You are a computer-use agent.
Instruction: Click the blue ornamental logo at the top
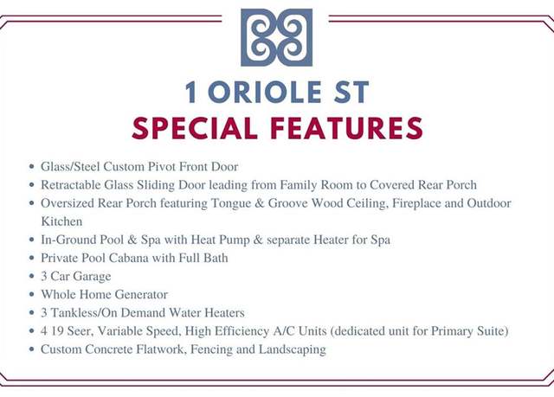tap(276, 37)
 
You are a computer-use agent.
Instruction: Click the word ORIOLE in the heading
tap(265, 92)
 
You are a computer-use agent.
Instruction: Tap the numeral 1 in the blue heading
tap(190, 92)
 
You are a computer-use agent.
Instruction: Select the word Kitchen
tap(61, 221)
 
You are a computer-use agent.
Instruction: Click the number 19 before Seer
tap(57, 331)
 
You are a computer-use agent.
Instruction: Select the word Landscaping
tap(293, 349)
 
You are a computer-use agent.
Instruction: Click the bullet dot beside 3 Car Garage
tap(32, 276)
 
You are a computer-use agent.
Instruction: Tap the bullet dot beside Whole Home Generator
tap(32, 294)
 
